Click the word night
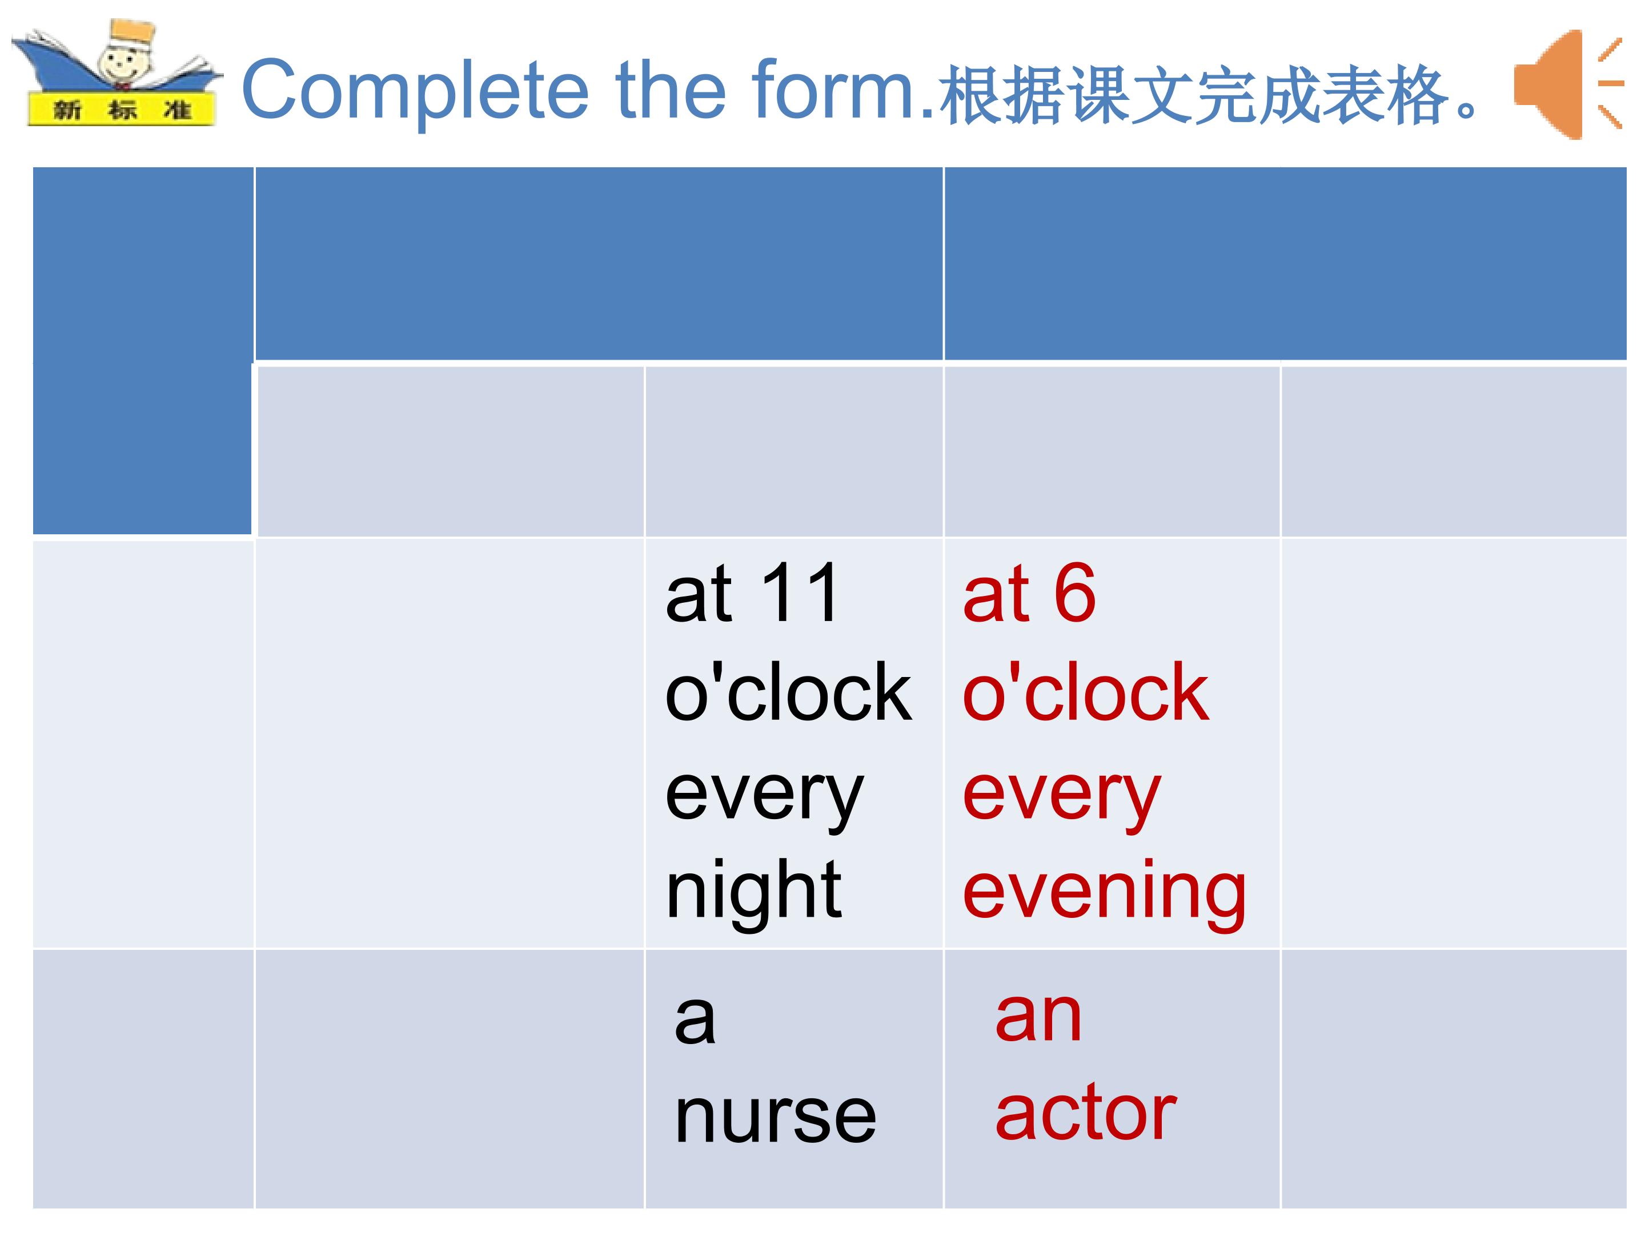753,892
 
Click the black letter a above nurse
695,1020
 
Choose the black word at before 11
700,595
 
